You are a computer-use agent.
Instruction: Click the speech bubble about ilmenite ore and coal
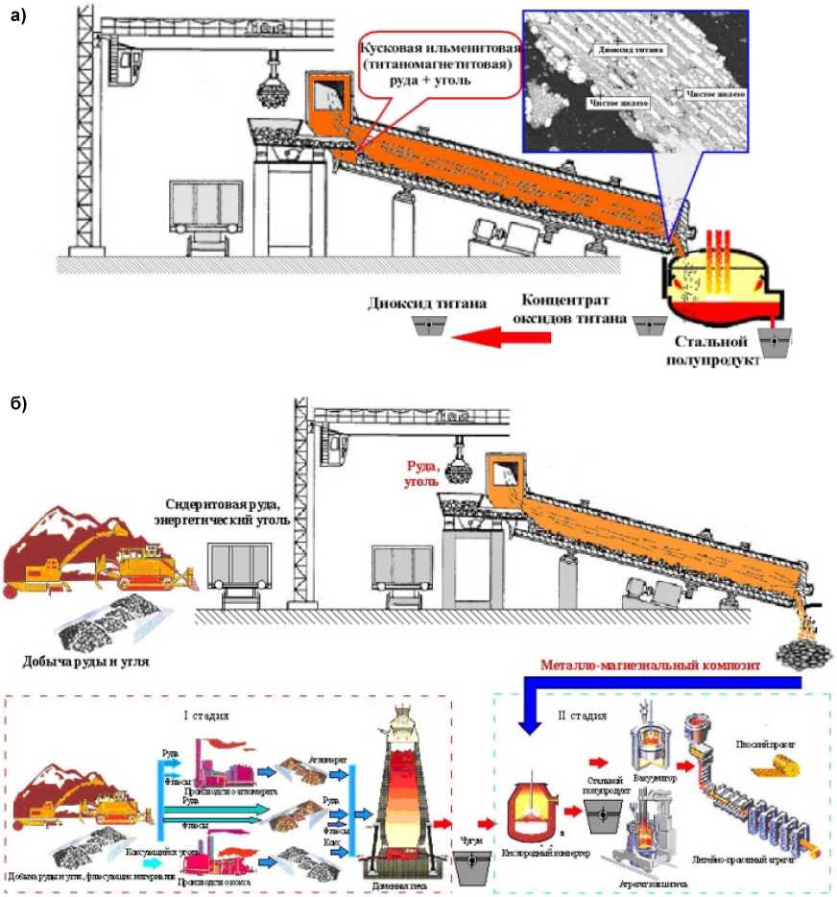coord(439,63)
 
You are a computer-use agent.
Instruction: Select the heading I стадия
coord(205,715)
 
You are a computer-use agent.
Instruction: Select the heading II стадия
coord(583,715)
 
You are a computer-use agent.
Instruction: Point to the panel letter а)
coord(18,14)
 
